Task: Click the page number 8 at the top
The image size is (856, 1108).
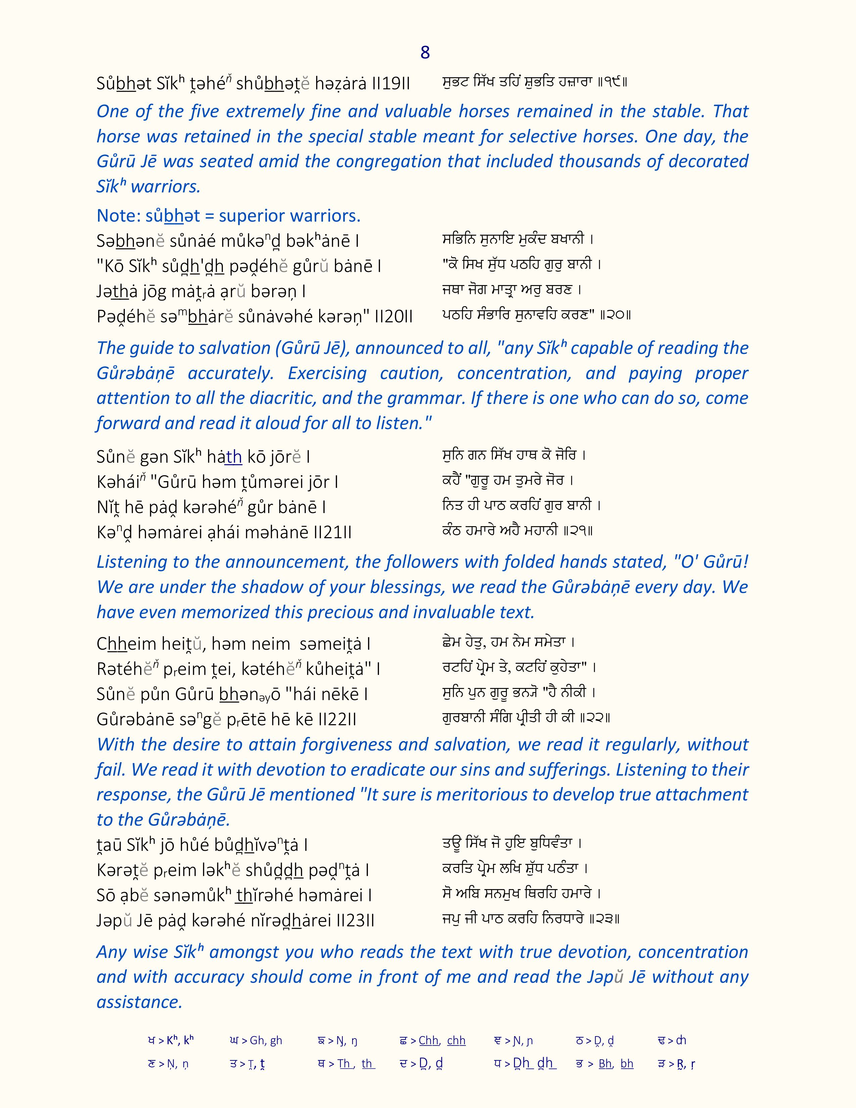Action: point(425,52)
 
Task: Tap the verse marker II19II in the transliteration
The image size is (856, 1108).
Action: point(391,84)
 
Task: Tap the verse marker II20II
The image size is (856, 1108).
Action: point(393,317)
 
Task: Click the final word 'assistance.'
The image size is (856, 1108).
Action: point(139,1002)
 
